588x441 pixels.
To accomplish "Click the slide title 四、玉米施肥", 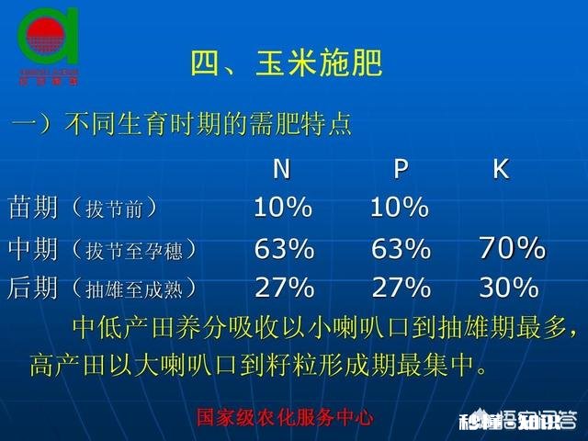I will (286, 64).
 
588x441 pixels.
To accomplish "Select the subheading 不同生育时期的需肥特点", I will (208, 125).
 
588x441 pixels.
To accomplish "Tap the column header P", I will (401, 169).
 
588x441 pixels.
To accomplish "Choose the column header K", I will (501, 169).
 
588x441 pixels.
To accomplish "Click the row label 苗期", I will (32, 208).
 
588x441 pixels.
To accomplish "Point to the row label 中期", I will (32, 249).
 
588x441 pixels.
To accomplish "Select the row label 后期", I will (32, 288).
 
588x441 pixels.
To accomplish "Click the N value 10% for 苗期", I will (283, 209).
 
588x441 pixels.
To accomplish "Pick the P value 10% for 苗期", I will (400, 209).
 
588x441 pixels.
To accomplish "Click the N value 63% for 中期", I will (284, 249).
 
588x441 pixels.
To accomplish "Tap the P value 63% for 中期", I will (401, 249).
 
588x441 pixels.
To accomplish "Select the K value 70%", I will (512, 248).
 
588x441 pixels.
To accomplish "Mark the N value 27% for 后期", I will (284, 288).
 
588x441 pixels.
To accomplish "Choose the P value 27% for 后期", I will (401, 288).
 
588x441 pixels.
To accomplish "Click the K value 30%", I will (508, 288).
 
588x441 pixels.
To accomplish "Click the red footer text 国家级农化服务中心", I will (286, 417).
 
